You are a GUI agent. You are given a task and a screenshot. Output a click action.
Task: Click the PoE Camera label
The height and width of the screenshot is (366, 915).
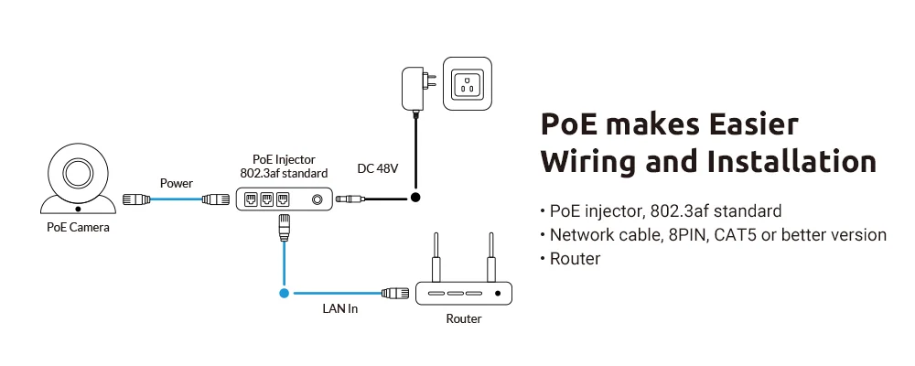click(x=79, y=227)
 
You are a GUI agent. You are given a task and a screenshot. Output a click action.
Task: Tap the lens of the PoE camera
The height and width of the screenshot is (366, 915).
click(x=78, y=171)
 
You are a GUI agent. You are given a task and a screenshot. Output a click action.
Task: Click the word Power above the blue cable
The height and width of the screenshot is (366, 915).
click(x=177, y=183)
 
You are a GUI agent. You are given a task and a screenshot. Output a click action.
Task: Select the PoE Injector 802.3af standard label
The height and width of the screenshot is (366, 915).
click(x=283, y=167)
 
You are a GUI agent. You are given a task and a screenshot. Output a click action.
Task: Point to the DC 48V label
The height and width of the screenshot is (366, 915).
click(x=378, y=168)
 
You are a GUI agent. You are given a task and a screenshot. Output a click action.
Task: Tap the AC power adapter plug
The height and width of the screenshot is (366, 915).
click(x=414, y=88)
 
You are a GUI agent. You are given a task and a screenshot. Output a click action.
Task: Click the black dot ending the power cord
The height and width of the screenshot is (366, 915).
click(x=414, y=197)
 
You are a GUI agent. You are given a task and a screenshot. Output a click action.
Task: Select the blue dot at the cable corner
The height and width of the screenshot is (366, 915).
click(x=285, y=294)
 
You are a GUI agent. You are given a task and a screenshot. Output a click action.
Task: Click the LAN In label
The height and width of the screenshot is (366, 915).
click(x=341, y=310)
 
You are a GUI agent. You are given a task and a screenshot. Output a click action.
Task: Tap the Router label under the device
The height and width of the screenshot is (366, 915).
click(x=464, y=319)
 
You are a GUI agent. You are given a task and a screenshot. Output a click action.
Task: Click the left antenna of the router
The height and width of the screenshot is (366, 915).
click(x=436, y=259)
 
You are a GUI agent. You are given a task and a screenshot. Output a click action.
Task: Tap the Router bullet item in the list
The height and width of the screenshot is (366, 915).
click(x=575, y=259)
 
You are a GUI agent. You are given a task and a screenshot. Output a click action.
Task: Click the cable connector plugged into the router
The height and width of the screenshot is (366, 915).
click(x=395, y=294)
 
